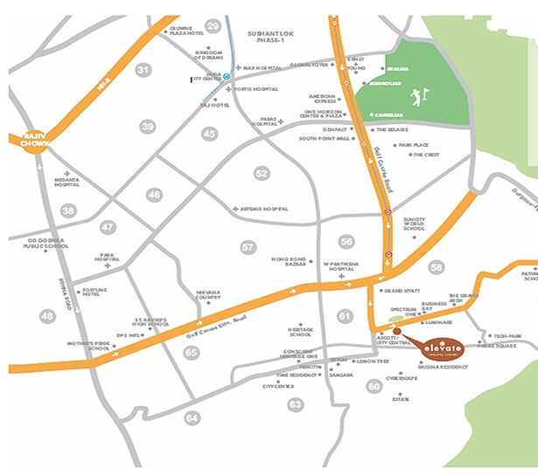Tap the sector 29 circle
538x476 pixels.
point(213,26)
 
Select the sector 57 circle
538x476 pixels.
point(248,248)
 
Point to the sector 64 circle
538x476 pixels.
point(192,418)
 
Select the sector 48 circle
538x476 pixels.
point(48,315)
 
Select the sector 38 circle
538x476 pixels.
point(68,210)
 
